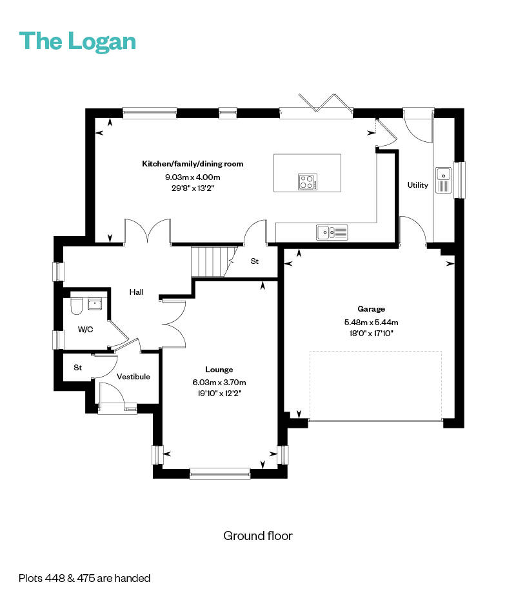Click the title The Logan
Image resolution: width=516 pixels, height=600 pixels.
[77, 41]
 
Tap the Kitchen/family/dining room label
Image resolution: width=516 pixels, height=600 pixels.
[192, 164]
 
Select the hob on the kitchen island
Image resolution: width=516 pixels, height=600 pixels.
[308, 182]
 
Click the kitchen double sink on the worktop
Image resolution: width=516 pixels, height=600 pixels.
[332, 232]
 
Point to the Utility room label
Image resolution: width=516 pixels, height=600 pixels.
[417, 185]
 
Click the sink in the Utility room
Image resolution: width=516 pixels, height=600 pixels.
[443, 180]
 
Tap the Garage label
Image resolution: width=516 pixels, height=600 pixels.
[371, 309]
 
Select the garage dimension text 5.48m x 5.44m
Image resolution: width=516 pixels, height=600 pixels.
[371, 322]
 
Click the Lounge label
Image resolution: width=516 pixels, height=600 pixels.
[219, 369]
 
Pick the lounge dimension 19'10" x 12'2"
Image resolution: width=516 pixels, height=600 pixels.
[219, 393]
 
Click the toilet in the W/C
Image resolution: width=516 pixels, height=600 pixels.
[77, 306]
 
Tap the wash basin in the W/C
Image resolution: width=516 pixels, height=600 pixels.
[94, 304]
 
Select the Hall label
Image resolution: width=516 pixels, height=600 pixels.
[137, 292]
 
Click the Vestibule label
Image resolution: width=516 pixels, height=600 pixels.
[133, 377]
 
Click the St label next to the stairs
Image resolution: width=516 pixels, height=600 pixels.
[254, 261]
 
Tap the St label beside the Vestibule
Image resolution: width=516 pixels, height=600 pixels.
[77, 367]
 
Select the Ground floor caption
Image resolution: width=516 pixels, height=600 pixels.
[258, 535]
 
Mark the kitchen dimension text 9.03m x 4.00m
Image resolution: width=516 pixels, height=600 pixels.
[192, 177]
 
